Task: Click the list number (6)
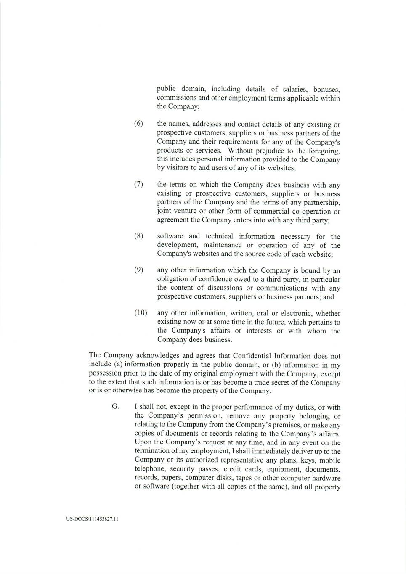tap(138, 124)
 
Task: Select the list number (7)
tap(138, 184)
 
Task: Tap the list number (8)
tap(138, 236)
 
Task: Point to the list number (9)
tap(138, 270)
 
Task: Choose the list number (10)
tap(141, 313)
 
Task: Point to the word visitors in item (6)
tap(178, 168)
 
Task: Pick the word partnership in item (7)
tap(322, 202)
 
